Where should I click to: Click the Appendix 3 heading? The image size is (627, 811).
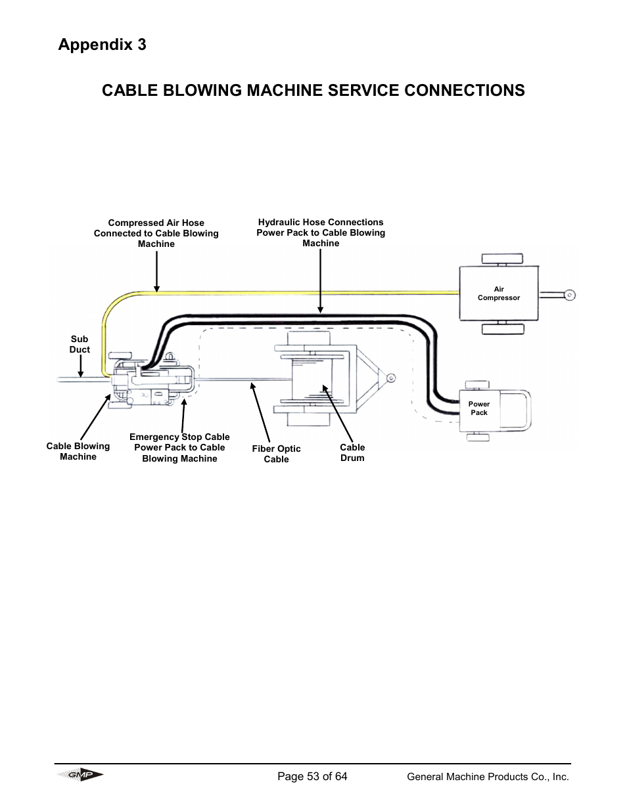coord(102,45)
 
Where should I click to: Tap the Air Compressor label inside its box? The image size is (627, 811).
coord(498,294)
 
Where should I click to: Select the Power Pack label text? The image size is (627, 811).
coord(479,408)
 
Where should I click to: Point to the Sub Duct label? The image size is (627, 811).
coord(80,345)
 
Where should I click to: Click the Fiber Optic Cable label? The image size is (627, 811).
coord(276,454)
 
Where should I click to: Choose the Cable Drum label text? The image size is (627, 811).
coord(352,452)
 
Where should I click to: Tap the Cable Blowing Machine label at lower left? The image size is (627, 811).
coord(78,451)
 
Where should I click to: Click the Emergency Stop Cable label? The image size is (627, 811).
coord(179,448)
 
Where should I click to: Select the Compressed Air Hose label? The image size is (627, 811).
coord(156,233)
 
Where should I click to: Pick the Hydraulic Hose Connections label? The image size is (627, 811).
coord(321,232)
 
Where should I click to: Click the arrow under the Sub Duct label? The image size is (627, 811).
coord(80,366)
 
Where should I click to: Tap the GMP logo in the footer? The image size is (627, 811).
coord(80,776)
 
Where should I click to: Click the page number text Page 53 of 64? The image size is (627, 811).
coord(312,776)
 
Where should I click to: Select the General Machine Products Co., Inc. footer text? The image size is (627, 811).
coord(488,777)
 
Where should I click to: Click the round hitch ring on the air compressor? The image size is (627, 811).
coord(570,295)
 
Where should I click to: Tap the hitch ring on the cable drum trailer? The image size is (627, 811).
coord(390,378)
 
